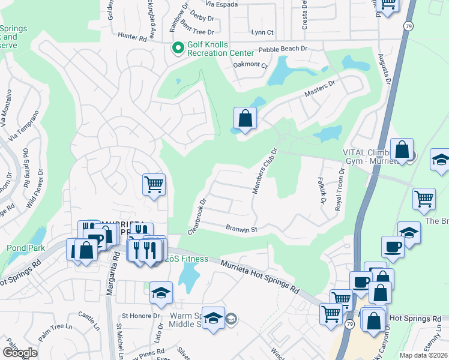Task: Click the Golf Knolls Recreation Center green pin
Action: [x=178, y=48]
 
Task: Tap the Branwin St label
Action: [x=241, y=229]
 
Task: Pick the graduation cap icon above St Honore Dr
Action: [x=161, y=292]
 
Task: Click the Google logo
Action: [x=20, y=353]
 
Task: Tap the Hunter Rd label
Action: [x=133, y=37]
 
